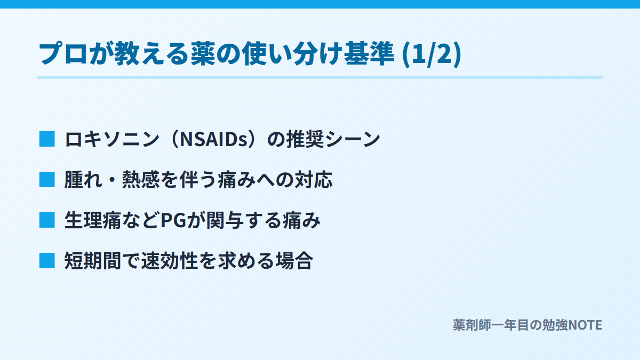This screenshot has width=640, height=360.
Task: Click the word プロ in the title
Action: click(x=63, y=53)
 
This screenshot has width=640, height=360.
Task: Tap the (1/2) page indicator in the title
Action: click(x=431, y=54)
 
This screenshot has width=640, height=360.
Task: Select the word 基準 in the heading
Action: click(x=369, y=53)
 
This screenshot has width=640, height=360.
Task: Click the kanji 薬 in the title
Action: click(x=203, y=53)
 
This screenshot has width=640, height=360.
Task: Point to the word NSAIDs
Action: click(x=215, y=139)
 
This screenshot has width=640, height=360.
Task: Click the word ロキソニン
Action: click(x=111, y=139)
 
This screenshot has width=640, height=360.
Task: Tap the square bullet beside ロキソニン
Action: click(x=47, y=139)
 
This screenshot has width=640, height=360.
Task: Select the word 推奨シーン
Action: click(x=333, y=139)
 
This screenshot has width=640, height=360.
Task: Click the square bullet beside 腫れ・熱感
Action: click(x=47, y=180)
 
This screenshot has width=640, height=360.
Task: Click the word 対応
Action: click(x=314, y=180)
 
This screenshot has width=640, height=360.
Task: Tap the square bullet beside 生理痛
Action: click(x=47, y=220)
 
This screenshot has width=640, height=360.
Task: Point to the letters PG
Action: click(x=173, y=220)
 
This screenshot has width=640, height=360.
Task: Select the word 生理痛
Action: click(x=93, y=220)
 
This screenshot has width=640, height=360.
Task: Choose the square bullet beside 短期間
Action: click(x=47, y=261)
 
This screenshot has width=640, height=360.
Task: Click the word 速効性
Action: click(x=170, y=261)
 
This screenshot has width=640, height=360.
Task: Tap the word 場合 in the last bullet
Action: click(x=294, y=261)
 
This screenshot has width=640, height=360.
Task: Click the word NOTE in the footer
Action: click(x=585, y=325)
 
